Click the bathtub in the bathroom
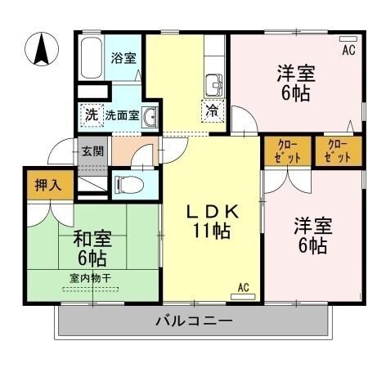click(92, 57)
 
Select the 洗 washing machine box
click(90, 114)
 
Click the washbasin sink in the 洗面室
click(150, 119)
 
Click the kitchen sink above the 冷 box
click(214, 84)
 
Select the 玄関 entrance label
click(92, 151)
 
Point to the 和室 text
click(88, 240)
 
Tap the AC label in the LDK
click(243, 286)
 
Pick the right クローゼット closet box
click(336, 151)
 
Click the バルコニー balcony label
click(195, 320)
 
